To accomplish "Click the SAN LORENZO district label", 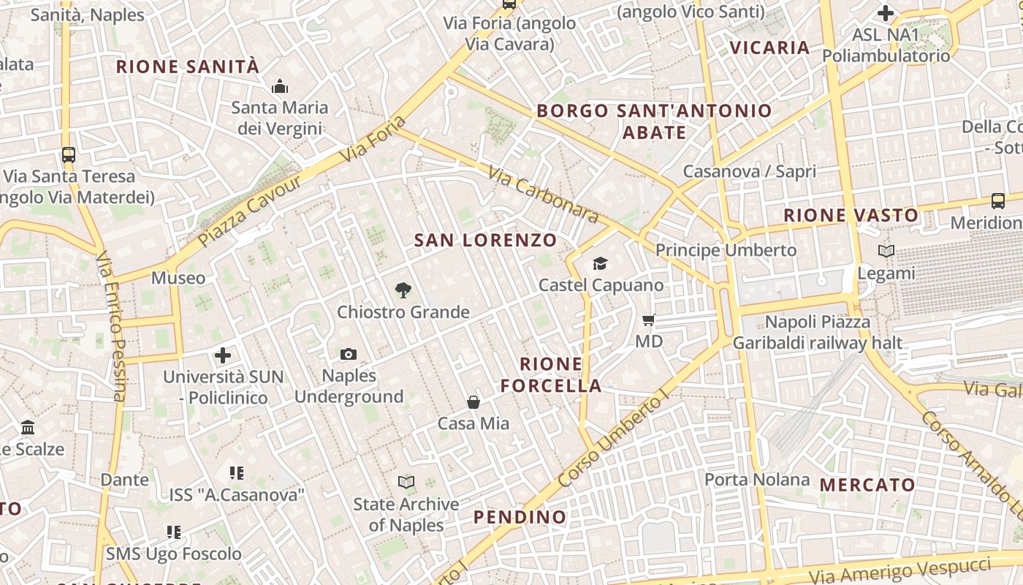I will click(485, 240).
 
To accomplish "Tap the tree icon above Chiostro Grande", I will click(403, 290).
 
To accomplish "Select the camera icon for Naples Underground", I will click(349, 355).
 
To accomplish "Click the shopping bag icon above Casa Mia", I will click(474, 402).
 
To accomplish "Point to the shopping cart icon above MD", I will click(648, 320).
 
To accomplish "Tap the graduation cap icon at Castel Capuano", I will click(600, 263).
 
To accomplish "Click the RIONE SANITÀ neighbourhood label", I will click(188, 67).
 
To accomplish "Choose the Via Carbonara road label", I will click(543, 195).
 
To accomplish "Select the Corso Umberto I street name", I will click(612, 439).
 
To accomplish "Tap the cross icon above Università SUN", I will click(223, 356).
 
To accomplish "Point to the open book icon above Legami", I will click(886, 252).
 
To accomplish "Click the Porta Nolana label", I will click(757, 480).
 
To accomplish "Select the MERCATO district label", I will click(867, 485).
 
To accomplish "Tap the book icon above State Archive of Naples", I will click(406, 482).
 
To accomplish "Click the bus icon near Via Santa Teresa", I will click(69, 155).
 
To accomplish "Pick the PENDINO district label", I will click(520, 517).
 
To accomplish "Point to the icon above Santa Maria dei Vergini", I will click(280, 87).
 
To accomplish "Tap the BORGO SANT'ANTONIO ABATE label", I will click(654, 121).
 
